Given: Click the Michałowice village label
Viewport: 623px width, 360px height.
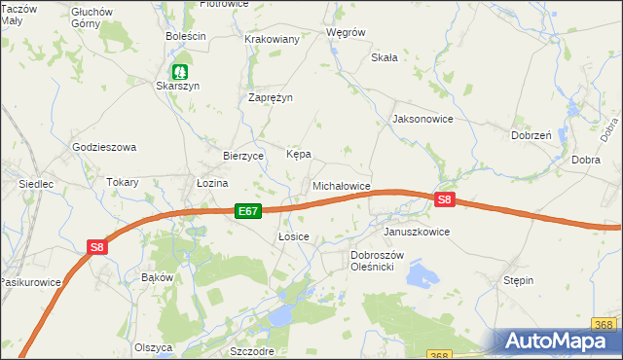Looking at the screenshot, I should pos(341,185).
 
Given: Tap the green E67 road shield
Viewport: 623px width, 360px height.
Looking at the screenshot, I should pos(248,210).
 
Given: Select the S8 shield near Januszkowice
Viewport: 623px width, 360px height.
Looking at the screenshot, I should pos(445,200).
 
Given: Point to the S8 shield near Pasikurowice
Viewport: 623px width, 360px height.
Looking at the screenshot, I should pos(96,247).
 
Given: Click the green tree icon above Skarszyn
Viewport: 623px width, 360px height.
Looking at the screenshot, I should pos(179,71).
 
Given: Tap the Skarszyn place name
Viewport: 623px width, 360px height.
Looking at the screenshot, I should pos(178,86).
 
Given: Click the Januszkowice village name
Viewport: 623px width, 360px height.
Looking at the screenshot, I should pos(417,233).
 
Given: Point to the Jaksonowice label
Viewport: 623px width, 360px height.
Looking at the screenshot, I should pos(422,119).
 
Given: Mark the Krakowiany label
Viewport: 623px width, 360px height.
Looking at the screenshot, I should pos(273,39).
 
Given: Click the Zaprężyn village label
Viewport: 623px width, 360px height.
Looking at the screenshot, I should pos(271,97).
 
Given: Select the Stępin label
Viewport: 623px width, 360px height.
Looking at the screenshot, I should pos(518,280).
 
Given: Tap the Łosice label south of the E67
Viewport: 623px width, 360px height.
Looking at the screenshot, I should pos(293,236).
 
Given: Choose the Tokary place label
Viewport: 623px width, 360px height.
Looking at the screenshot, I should pos(123,182).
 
